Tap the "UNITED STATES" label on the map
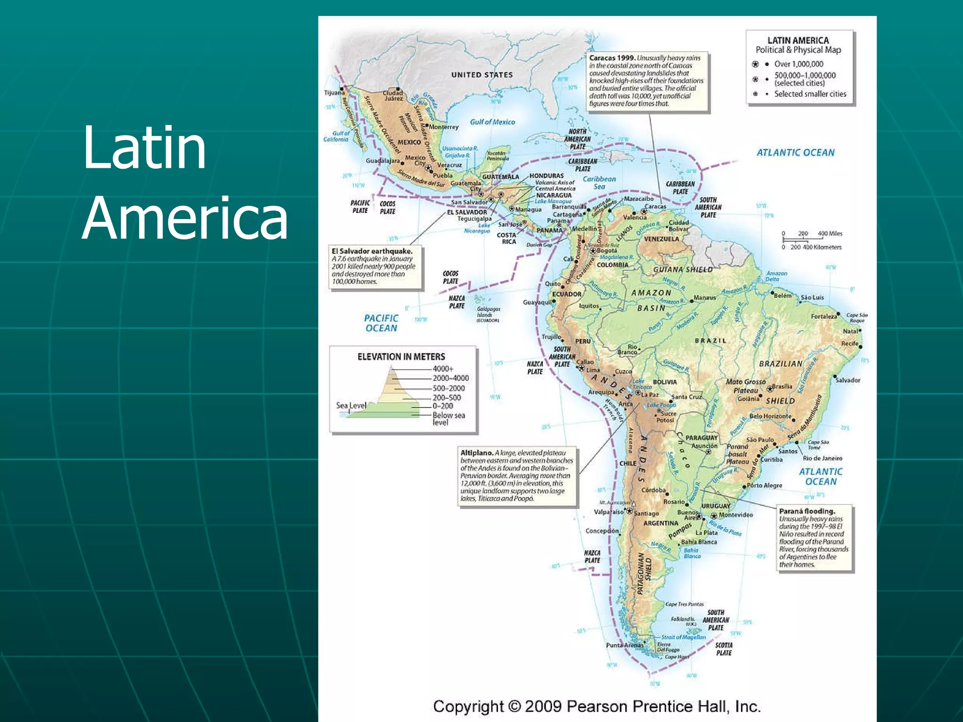482,75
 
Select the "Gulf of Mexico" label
492,122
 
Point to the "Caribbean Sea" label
599,183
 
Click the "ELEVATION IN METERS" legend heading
401,357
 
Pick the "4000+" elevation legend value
443,369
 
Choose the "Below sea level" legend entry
449,419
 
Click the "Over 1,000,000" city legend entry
798,64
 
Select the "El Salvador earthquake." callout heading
372,251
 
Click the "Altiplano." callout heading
477,453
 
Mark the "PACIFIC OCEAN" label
381,323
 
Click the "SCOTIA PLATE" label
724,649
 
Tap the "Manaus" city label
704,298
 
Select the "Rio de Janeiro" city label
822,458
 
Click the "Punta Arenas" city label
624,645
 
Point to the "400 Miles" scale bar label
830,234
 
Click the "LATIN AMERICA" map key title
798,41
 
